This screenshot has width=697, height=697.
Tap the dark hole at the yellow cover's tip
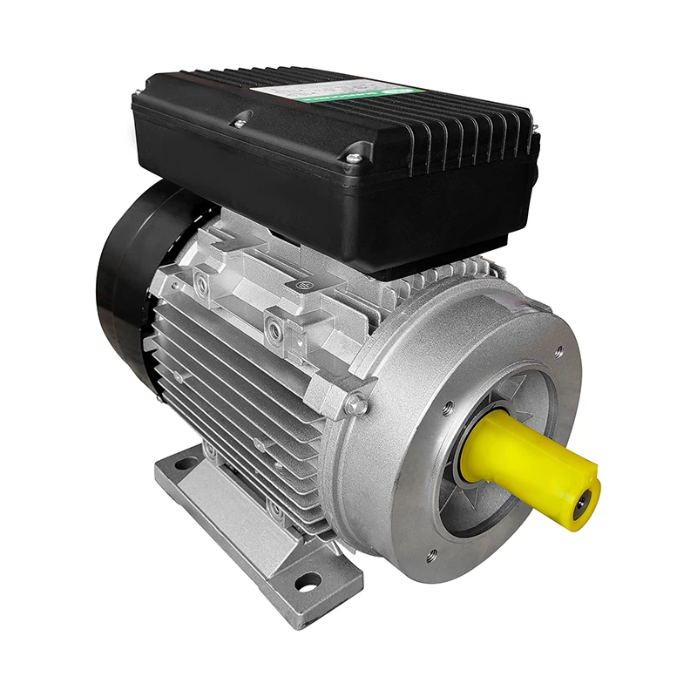click(x=585, y=499)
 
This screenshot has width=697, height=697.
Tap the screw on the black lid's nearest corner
click(x=353, y=158)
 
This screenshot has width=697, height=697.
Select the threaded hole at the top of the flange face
click(x=558, y=352)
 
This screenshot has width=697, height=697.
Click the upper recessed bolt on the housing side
click(x=201, y=281)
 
